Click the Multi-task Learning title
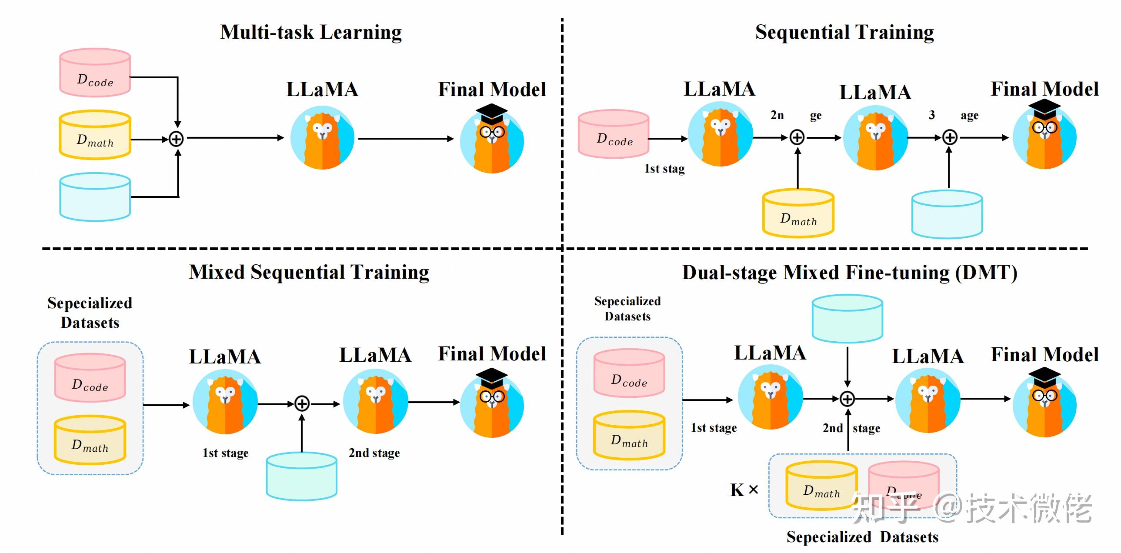311,33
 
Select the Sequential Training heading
844,33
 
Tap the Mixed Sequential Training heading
309,272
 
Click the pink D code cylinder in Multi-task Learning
95,73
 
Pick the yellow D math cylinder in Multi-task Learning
95,135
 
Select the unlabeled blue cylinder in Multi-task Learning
95,197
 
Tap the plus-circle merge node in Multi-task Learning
176,139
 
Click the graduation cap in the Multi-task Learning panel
492,112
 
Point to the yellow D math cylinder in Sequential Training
798,213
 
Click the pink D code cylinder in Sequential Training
614,134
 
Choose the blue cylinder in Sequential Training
947,214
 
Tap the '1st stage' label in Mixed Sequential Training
225,453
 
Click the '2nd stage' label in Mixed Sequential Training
374,453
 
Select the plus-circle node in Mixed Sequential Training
302,403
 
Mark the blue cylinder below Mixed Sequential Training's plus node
302,476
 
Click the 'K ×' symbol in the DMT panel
744,490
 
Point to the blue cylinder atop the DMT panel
847,319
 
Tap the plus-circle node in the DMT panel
847,399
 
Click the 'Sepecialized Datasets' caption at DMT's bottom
862,537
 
